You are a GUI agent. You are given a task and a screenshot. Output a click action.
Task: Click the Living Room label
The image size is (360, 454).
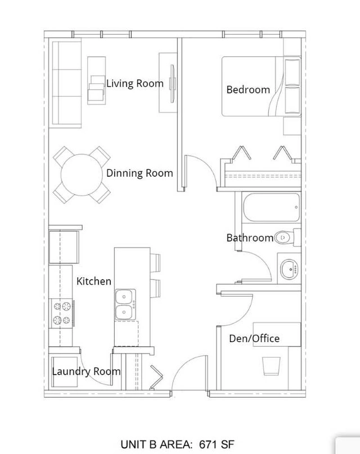[x=135, y=83]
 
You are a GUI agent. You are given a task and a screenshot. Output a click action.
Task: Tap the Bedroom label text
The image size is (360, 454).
[x=248, y=89]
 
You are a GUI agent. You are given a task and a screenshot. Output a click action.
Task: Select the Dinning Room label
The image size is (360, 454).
[x=139, y=173]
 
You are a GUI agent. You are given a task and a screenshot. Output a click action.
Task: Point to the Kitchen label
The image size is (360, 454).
[x=94, y=281]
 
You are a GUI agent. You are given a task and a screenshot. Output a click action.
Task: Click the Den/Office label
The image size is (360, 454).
[x=254, y=338]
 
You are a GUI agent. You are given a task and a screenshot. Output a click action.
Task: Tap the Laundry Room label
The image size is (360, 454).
[x=86, y=371]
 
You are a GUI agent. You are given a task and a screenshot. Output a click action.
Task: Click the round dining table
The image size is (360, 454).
[x=82, y=174]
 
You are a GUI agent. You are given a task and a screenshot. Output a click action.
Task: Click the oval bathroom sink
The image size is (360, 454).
[x=289, y=269]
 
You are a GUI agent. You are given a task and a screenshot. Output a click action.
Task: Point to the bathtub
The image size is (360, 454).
[x=272, y=208]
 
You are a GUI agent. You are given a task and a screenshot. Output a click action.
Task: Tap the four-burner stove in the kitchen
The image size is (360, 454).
[x=62, y=313]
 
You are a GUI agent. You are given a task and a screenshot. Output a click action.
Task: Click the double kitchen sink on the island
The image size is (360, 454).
[x=125, y=304]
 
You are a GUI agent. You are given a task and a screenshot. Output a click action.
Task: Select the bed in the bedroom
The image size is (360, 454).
[x=262, y=86]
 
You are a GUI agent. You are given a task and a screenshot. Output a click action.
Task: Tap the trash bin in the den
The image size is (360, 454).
[x=272, y=366]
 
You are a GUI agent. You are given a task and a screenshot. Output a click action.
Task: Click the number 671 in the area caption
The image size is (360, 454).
[x=208, y=444]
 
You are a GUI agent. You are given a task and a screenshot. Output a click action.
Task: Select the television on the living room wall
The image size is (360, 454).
[x=173, y=83]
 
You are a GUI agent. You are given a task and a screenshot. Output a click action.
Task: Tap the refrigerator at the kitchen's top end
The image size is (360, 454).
[x=64, y=246]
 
